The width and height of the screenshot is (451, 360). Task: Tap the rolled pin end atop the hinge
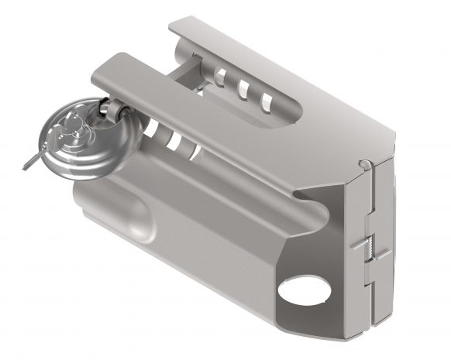tap(364, 163)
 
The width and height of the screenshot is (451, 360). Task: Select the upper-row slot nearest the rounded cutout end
tap(267, 99)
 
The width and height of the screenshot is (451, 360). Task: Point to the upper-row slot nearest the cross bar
tap(222, 76)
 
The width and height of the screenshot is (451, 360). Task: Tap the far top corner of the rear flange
tap(177, 22)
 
